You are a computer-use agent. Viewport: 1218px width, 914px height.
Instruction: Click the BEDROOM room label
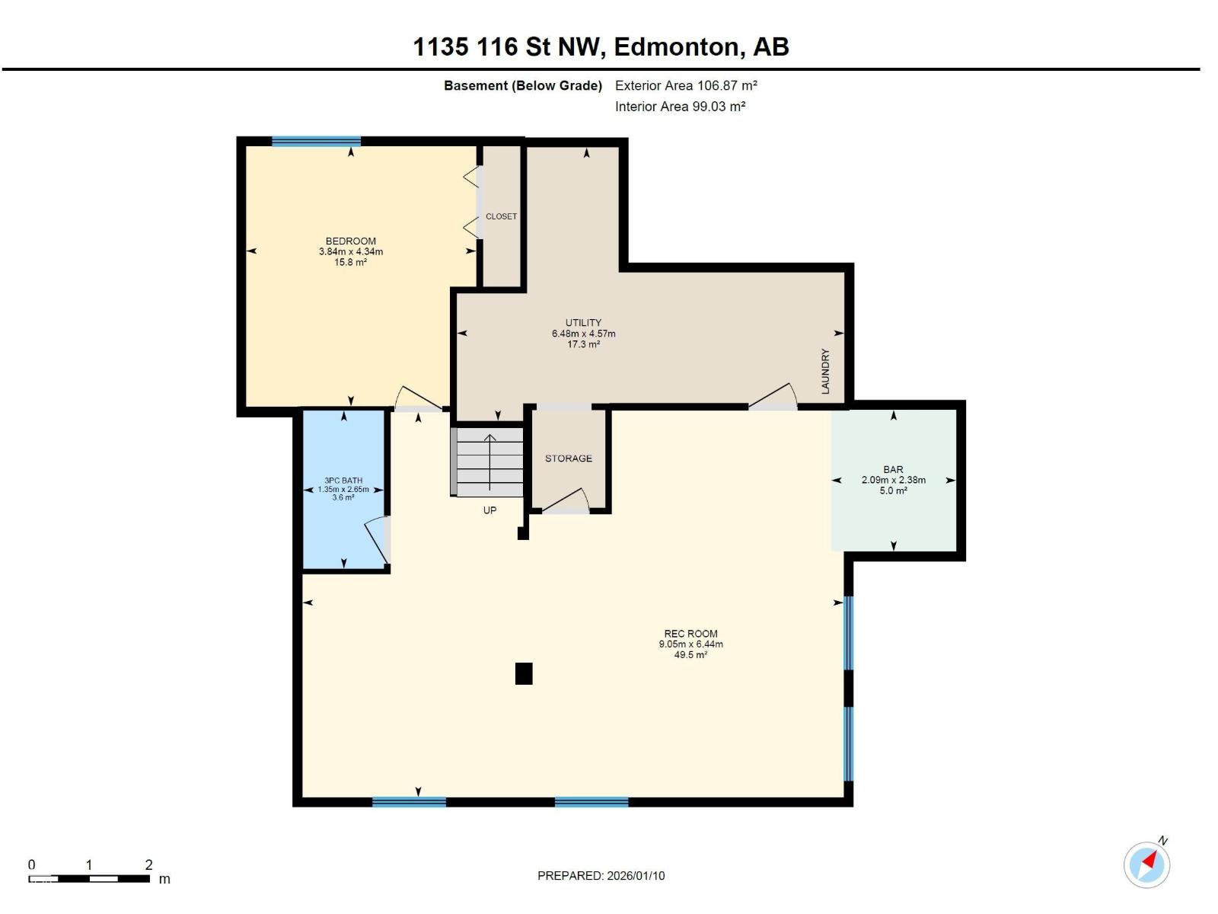click(x=350, y=241)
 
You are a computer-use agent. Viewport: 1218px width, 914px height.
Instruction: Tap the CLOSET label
click(x=500, y=216)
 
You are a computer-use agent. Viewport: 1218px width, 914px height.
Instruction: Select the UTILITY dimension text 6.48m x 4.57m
click(x=583, y=334)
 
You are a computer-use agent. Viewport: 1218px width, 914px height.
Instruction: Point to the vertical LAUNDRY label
click(x=825, y=371)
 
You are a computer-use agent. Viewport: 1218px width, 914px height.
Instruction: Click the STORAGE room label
click(x=568, y=459)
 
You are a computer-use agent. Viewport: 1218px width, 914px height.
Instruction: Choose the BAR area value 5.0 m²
click(x=893, y=491)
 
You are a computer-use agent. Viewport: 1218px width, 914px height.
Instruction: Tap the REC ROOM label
click(x=690, y=633)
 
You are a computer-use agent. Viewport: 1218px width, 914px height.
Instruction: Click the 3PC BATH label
click(x=343, y=481)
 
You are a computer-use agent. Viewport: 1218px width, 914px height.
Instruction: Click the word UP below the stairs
click(x=489, y=510)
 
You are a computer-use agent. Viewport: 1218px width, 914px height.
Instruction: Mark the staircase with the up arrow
click(x=486, y=462)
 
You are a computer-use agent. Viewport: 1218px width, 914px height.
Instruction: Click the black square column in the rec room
click(x=523, y=673)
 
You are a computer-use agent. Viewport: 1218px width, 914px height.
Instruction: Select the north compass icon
click(x=1146, y=864)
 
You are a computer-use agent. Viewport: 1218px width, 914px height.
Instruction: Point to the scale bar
click(x=89, y=878)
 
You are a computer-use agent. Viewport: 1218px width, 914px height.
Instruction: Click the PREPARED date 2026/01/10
click(x=636, y=875)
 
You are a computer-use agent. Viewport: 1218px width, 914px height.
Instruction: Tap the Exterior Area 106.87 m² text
click(x=686, y=85)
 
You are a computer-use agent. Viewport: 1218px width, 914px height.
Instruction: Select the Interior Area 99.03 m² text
click(x=680, y=107)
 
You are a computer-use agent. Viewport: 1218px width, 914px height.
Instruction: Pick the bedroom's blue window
click(x=316, y=141)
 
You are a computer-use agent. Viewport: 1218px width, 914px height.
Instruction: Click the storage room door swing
click(x=566, y=500)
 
